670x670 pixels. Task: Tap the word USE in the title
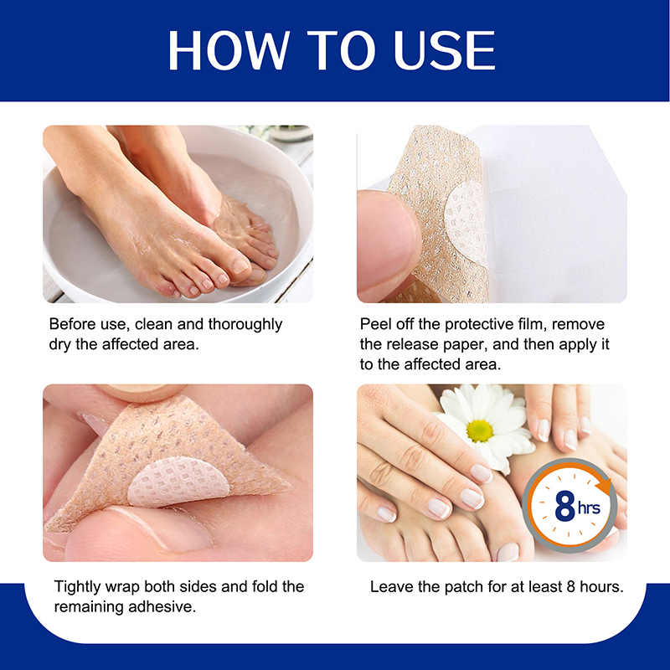[x=445, y=50]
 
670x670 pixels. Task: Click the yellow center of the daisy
[x=479, y=430]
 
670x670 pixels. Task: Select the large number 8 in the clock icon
[x=564, y=506]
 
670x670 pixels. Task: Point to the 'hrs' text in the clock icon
[x=589, y=508]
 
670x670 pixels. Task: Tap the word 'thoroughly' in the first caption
[x=245, y=325]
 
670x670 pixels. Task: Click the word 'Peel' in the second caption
[x=374, y=324]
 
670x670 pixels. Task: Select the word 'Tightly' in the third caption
[x=77, y=587]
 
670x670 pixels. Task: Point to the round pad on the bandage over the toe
[x=178, y=482]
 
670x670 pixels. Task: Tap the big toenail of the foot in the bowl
[x=240, y=266]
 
